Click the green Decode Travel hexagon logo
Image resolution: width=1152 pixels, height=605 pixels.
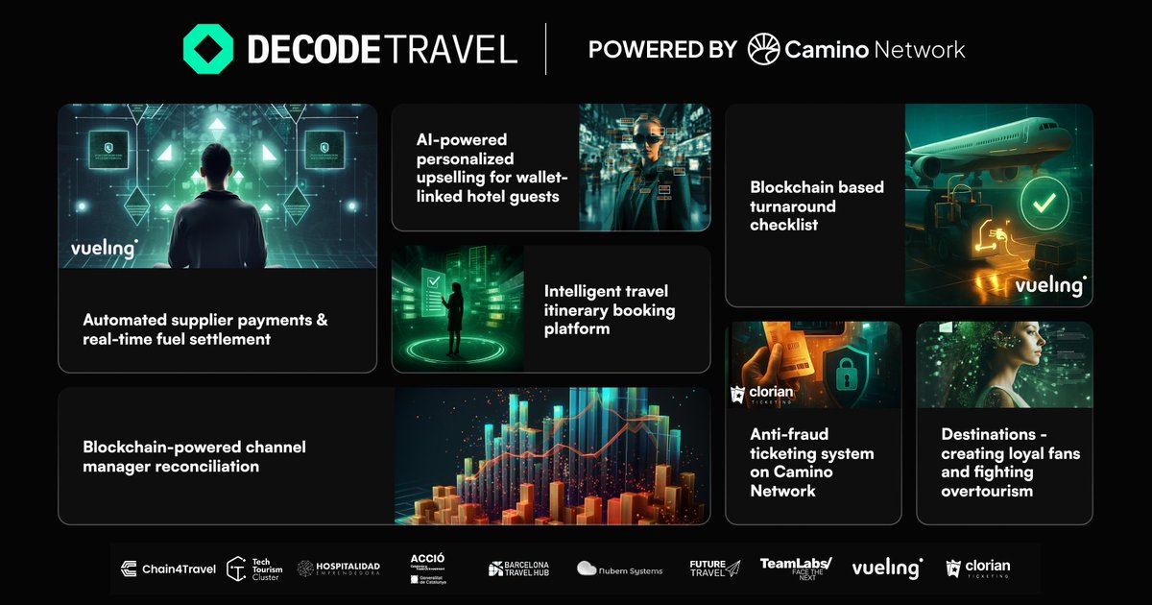click(x=208, y=49)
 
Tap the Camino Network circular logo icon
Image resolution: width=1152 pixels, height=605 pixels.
click(x=763, y=49)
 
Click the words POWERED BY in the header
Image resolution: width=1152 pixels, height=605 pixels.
click(x=662, y=49)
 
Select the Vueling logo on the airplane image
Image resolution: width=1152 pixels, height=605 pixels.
click(x=1050, y=285)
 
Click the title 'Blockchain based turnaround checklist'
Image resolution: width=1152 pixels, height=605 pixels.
click(x=817, y=206)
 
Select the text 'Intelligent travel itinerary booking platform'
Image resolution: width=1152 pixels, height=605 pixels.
click(x=610, y=309)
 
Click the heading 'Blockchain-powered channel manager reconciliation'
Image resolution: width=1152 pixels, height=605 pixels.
click(x=194, y=456)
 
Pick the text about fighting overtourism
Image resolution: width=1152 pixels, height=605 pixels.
click(x=1010, y=462)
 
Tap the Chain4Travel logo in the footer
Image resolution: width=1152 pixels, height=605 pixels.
click(x=168, y=569)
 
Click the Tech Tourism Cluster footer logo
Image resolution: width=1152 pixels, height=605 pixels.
click(x=254, y=569)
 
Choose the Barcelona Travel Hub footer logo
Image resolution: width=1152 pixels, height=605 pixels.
click(x=518, y=569)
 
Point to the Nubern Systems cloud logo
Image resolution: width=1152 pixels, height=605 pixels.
click(x=619, y=569)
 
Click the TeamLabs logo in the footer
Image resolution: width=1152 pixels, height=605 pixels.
click(x=795, y=567)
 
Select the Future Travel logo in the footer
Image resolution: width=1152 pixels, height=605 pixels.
click(x=714, y=568)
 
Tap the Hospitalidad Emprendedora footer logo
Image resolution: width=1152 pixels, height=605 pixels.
click(x=339, y=569)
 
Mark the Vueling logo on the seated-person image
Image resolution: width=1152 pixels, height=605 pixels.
click(x=104, y=249)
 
